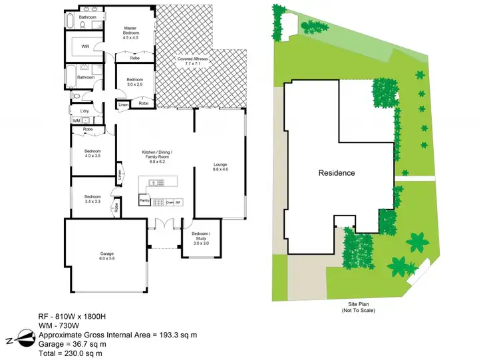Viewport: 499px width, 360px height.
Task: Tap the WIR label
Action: click(85, 47)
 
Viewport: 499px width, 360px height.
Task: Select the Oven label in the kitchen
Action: click(170, 202)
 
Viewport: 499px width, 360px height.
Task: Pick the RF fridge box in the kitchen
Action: click(178, 202)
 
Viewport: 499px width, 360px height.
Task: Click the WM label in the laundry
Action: click(77, 120)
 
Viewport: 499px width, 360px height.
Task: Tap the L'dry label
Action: click(84, 110)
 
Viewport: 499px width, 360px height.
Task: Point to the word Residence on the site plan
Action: click(336, 173)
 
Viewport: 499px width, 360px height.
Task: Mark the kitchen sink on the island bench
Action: click(154, 182)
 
